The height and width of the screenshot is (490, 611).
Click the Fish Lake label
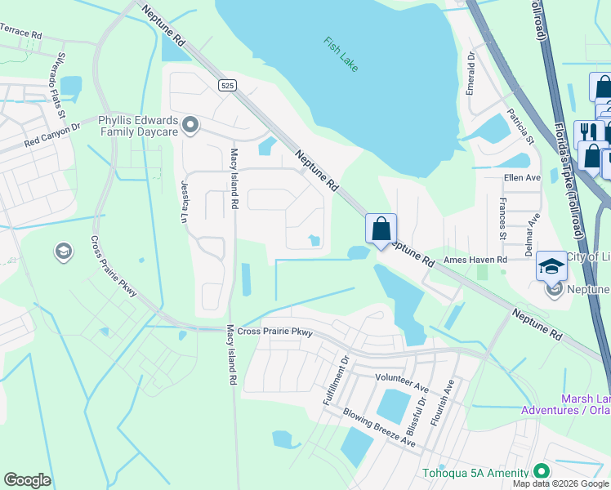point(340,54)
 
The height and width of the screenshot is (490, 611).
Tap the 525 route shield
point(227,85)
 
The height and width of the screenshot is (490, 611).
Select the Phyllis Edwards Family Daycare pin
point(190,125)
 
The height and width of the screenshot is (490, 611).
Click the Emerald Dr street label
point(471,74)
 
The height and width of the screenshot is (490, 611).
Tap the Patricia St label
point(520,127)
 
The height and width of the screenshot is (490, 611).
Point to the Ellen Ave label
point(523,177)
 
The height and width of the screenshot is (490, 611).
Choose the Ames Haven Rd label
point(475,260)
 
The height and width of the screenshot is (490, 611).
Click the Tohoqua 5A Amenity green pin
point(540,471)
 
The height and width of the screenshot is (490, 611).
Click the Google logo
point(27,480)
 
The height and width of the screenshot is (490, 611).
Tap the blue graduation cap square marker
point(552,266)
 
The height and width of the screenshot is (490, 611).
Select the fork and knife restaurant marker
point(588,132)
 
